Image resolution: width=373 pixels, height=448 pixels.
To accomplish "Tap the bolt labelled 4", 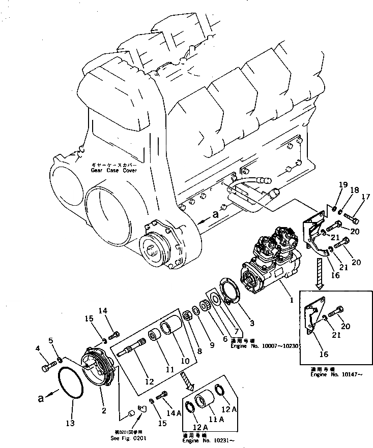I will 46,364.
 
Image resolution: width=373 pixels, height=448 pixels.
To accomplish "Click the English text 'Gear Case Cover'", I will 114,171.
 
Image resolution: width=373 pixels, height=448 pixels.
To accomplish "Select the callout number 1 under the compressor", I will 291,300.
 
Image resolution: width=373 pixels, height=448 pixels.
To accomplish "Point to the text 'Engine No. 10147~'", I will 335,375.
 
